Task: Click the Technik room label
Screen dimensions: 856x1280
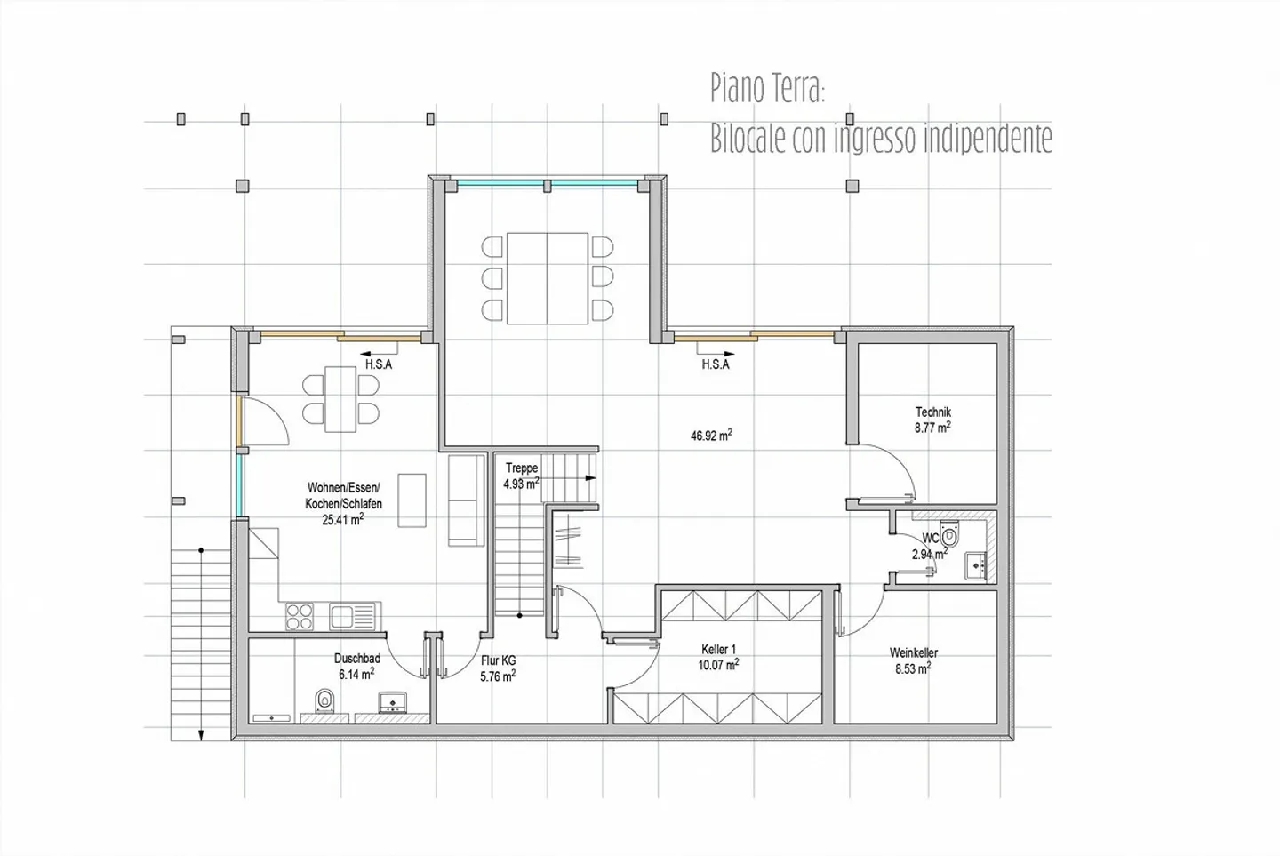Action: tap(932, 412)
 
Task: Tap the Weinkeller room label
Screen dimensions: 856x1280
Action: tap(913, 653)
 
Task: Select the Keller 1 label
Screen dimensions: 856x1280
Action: tap(718, 650)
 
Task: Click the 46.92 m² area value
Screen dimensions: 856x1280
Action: tap(711, 436)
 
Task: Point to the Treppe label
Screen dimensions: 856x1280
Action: tap(522, 468)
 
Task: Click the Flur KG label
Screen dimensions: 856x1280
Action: tap(498, 661)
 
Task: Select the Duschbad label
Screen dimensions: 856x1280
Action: tap(356, 659)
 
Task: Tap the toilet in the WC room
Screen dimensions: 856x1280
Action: tap(950, 536)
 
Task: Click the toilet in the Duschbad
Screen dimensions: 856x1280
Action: tap(324, 702)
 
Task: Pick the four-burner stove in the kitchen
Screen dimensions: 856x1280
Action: tap(299, 615)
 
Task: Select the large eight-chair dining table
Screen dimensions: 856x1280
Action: tap(548, 278)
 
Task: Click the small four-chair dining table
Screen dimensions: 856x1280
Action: tap(340, 399)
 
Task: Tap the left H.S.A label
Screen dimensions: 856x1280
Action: tap(378, 364)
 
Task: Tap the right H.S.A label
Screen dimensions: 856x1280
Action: tap(715, 364)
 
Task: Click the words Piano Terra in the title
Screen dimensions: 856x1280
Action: tap(768, 89)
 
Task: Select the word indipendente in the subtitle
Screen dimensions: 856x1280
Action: tap(988, 139)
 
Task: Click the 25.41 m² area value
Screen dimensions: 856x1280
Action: tap(342, 520)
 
